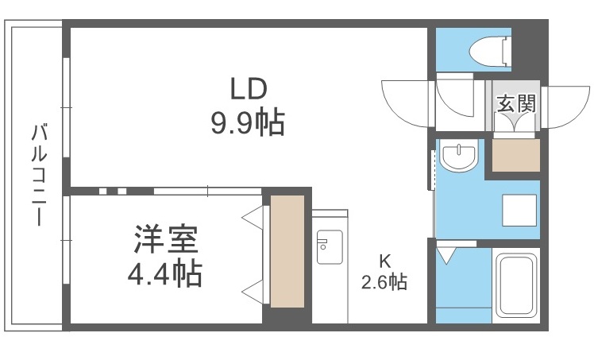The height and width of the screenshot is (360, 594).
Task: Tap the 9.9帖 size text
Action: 248,122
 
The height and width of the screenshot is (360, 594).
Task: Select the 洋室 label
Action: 165,238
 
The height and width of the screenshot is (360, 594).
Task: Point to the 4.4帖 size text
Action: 165,273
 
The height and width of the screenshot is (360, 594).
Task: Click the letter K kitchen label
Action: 385,261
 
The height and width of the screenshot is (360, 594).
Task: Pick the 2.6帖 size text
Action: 384,282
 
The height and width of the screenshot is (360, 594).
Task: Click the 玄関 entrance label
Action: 516,103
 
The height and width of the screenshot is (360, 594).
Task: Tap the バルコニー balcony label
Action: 40,175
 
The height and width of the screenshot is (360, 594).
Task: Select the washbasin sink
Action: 459,157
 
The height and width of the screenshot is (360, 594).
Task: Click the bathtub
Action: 516,286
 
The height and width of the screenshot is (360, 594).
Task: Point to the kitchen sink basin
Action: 330,247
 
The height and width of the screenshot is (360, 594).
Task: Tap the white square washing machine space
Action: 519,211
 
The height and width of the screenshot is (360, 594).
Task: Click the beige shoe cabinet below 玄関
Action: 516,155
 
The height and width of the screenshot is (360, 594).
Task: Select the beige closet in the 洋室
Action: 287,251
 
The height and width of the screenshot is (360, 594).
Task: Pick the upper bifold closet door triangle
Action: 253,218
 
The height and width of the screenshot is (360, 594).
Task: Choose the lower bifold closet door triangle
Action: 253,292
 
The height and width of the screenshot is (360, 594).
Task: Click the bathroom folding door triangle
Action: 445,254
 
